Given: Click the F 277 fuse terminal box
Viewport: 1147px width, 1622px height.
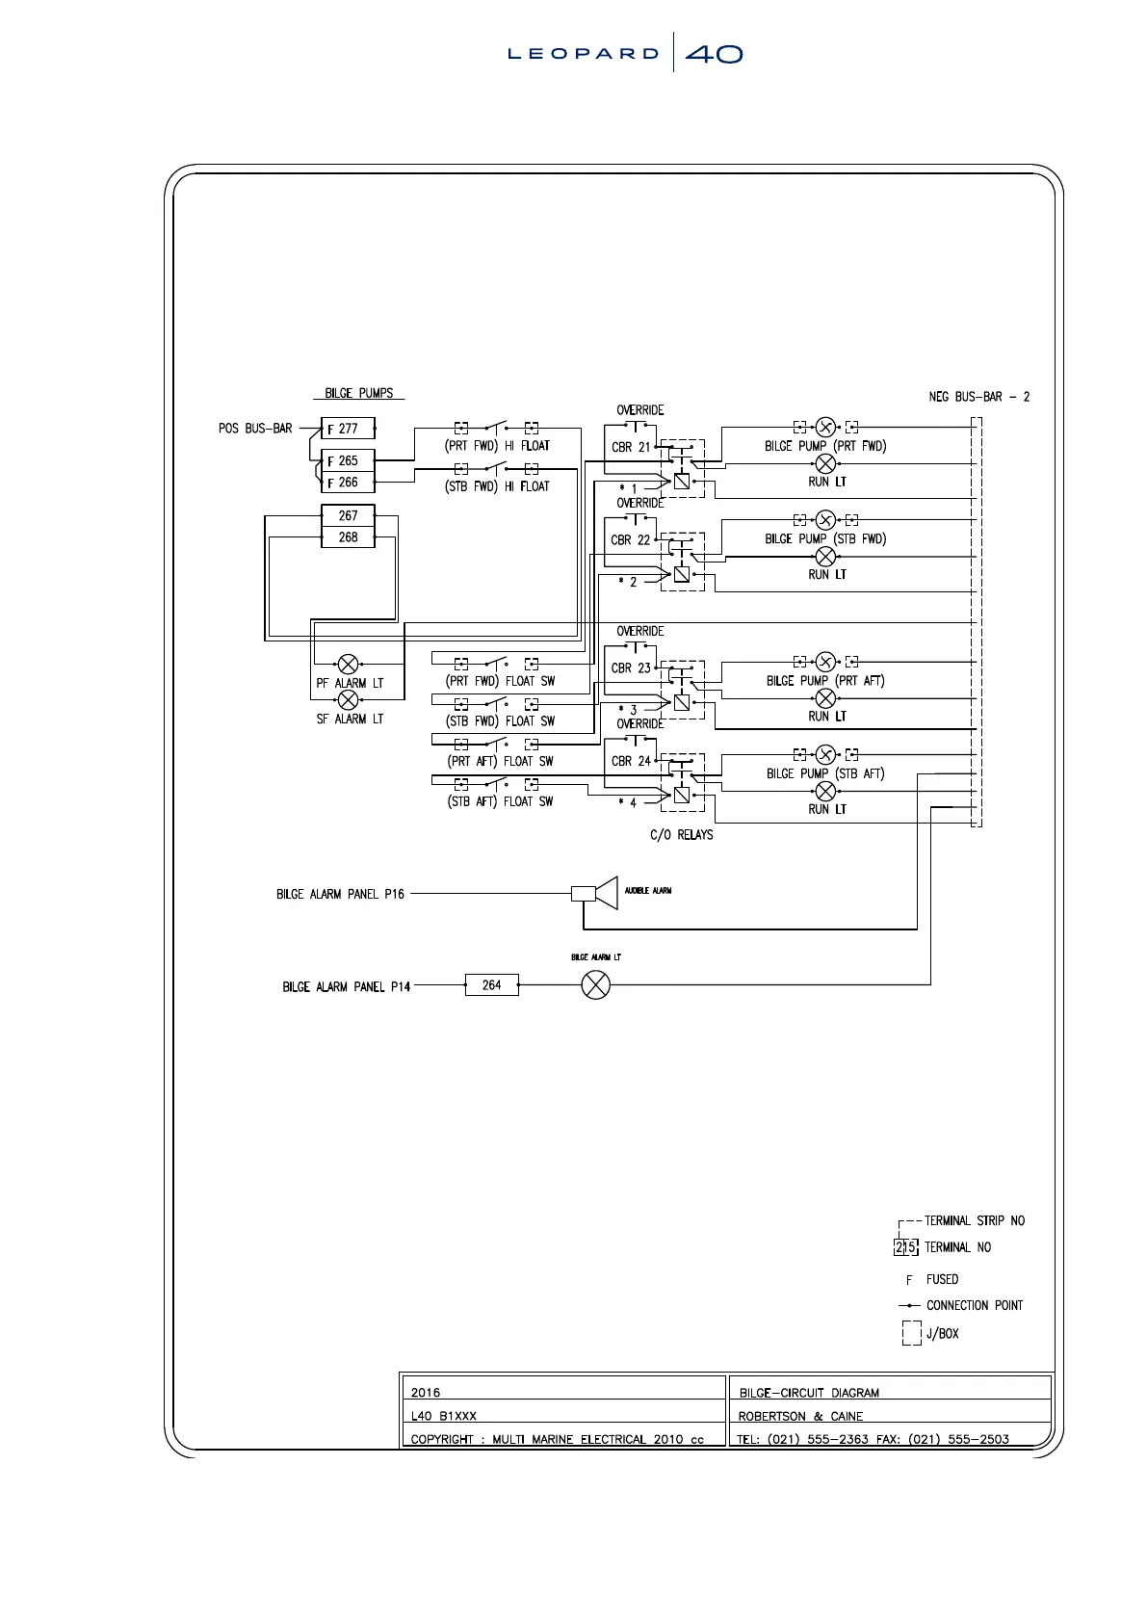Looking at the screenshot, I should (x=348, y=429).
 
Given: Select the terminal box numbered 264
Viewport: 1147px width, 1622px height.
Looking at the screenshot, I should (x=491, y=985).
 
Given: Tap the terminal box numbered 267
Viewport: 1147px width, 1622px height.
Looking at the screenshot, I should (x=348, y=516).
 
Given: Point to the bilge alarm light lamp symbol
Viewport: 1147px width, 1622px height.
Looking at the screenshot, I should (x=596, y=985).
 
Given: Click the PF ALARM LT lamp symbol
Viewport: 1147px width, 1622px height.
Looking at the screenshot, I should (x=349, y=664).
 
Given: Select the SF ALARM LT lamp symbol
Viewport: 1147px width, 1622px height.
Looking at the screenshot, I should (x=349, y=700).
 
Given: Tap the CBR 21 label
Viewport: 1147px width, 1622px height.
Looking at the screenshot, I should (x=631, y=447).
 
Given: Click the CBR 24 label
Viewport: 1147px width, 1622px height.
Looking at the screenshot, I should (x=631, y=761).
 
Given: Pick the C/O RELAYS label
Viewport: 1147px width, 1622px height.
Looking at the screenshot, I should (x=681, y=835).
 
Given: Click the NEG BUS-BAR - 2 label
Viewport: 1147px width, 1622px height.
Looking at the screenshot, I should (x=978, y=397).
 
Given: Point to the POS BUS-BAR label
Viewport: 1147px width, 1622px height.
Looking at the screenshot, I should (x=255, y=429).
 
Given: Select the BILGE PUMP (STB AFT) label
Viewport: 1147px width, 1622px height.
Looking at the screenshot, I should (x=825, y=773).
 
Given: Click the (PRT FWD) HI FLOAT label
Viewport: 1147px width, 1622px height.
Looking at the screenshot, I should (x=497, y=446).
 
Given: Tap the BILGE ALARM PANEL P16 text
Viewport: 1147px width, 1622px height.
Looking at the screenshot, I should (x=340, y=894).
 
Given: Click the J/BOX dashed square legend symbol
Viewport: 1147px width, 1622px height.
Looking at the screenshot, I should (x=911, y=1333).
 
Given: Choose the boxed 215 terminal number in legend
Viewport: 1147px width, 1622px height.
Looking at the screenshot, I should (x=905, y=1247).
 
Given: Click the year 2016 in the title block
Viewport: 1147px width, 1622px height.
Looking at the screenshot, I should (x=425, y=1393).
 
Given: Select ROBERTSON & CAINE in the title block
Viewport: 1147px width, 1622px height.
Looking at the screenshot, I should (x=800, y=1416).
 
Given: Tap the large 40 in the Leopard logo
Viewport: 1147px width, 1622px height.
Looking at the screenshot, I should (x=714, y=55).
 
